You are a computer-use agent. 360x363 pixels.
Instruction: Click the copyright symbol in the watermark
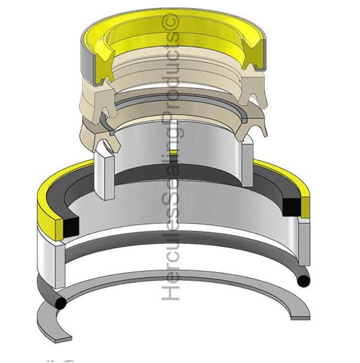(x=172, y=22)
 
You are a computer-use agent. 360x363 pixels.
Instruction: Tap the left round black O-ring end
(x=60, y=303)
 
